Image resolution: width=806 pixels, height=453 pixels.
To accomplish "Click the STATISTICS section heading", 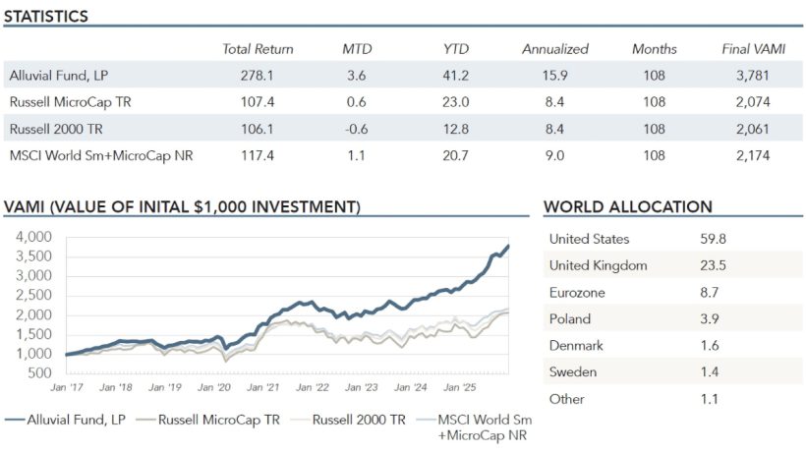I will click(x=46, y=17).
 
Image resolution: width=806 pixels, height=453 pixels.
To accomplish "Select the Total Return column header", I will click(x=258, y=49).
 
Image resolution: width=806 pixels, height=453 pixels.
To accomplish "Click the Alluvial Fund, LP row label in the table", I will click(x=57, y=75).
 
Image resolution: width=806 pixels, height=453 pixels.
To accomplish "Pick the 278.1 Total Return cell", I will click(x=258, y=75).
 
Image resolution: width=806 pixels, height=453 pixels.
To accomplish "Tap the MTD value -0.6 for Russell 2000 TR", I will click(x=357, y=128).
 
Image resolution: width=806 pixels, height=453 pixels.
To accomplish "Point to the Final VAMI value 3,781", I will click(x=751, y=75).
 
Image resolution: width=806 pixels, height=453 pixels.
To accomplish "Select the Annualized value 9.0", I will click(x=554, y=154).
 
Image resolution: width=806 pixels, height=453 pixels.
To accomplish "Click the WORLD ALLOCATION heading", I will click(x=627, y=207).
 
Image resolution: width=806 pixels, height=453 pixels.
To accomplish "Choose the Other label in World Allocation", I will click(x=566, y=399).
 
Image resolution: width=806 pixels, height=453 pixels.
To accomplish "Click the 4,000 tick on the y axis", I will click(x=33, y=237).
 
